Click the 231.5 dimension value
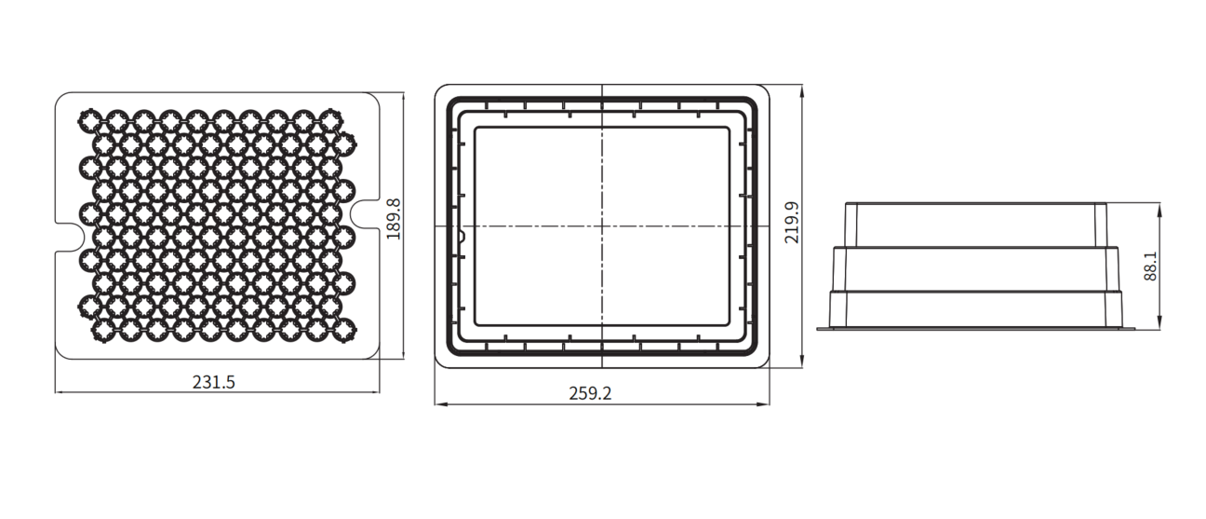(x=214, y=382)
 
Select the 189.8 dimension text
(x=394, y=219)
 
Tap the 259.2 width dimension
(x=590, y=393)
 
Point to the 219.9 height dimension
(x=791, y=223)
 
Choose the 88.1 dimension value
(x=1149, y=266)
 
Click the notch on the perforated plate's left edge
(x=71, y=238)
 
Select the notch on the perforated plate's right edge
(x=365, y=214)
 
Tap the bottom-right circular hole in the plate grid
(x=345, y=329)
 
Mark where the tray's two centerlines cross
(x=602, y=226)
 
